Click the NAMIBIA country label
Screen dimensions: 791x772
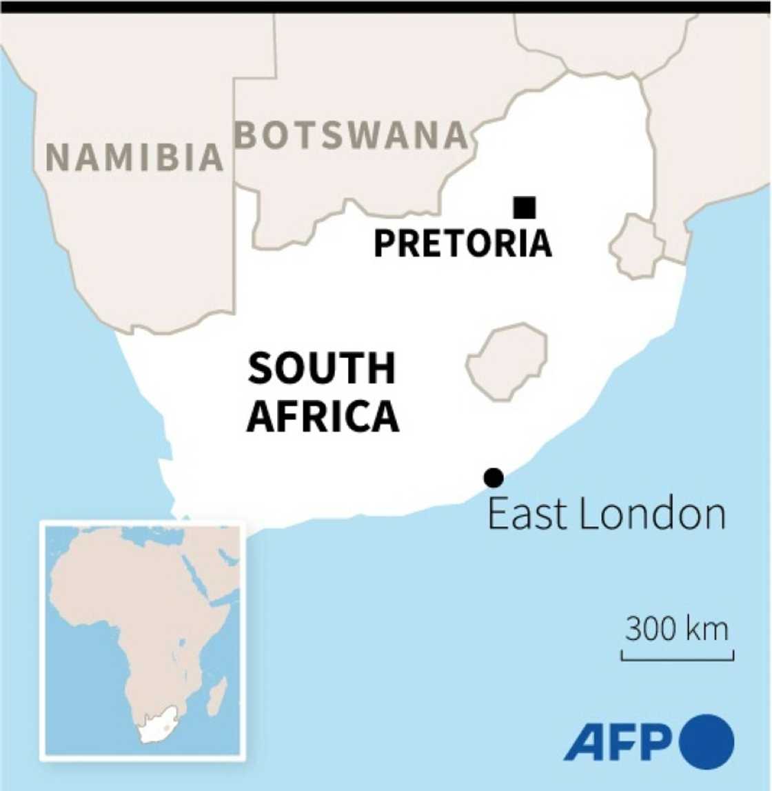click(134, 157)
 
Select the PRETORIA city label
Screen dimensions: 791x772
click(463, 243)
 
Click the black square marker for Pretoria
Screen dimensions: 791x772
click(525, 207)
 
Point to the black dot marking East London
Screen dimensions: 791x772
click(494, 477)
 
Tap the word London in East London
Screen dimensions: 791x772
click(652, 514)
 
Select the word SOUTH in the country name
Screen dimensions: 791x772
click(322, 368)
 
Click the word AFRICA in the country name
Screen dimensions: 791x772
click(323, 417)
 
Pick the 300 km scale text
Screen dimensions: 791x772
click(676, 629)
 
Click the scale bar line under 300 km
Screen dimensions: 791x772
click(677, 659)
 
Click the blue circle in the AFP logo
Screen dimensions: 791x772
click(707, 742)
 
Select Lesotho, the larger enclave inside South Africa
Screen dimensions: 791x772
click(508, 361)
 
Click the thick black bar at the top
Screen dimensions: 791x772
click(386, 7)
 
